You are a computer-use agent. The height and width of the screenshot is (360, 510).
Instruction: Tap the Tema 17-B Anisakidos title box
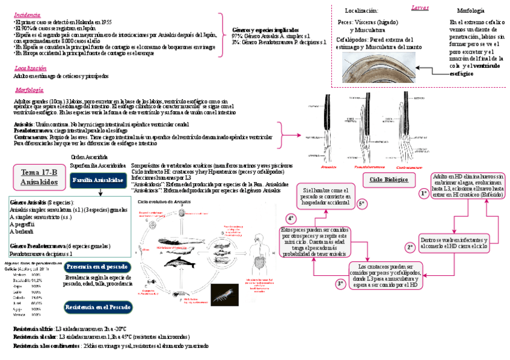(39, 176)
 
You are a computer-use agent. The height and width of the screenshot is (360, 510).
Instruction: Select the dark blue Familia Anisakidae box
(97, 180)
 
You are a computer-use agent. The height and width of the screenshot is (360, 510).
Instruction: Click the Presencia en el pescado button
(97, 266)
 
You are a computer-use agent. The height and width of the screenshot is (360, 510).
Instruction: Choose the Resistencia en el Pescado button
(97, 307)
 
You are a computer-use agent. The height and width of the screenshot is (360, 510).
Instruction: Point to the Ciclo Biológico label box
(389, 180)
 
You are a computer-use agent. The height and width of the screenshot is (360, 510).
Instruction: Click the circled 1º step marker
(423, 194)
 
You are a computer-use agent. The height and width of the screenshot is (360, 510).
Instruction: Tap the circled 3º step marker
(340, 283)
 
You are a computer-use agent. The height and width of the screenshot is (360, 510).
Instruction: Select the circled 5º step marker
(362, 204)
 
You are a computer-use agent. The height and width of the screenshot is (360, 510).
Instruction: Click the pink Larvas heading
(420, 7)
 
